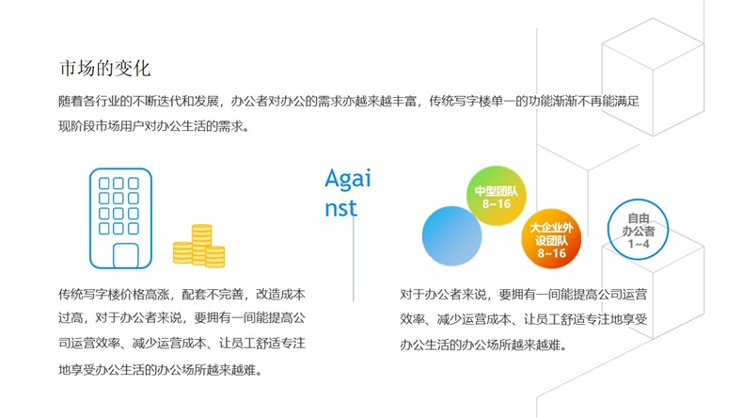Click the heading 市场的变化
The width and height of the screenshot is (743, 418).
point(104,69)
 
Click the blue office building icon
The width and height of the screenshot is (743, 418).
point(120,218)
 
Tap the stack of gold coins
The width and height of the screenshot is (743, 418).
point(199,246)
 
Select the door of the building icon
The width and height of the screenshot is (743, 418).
point(126,256)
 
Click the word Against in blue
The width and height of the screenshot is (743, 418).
point(348,193)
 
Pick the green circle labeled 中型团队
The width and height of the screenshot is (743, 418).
point(497,196)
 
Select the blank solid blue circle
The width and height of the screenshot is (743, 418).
point(452,235)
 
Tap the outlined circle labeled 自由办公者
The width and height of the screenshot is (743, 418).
point(638,200)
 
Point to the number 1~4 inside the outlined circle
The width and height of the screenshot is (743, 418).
point(639,244)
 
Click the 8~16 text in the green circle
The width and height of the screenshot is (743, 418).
point(497,204)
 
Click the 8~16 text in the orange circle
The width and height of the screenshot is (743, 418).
point(551,253)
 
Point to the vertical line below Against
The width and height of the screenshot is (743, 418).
point(353,259)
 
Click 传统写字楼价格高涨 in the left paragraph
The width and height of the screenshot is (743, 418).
point(114,294)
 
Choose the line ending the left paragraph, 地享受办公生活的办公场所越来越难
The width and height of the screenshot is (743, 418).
point(160,370)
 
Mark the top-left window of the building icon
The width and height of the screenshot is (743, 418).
point(103,184)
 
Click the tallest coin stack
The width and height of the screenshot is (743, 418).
point(201,245)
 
